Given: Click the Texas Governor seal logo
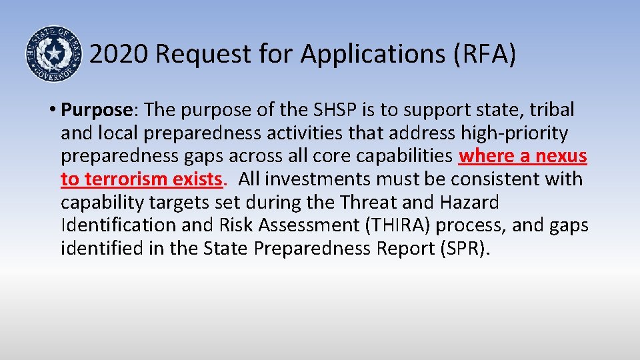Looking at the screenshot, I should point(52,54).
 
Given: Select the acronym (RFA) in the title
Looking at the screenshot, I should point(483,55).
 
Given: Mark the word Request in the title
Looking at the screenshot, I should point(199,55).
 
